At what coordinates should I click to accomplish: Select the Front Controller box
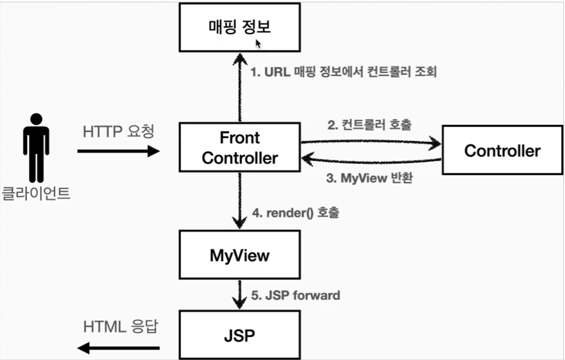[239, 148]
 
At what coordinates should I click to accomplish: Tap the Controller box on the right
[502, 151]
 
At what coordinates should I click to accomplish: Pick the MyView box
[239, 255]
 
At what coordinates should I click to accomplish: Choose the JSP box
[239, 336]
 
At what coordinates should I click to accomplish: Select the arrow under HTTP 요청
[118, 151]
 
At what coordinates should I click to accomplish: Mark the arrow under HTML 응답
[118, 347]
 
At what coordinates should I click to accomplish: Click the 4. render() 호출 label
[297, 213]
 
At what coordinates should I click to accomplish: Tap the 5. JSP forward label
[297, 295]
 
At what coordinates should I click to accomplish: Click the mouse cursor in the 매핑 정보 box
[258, 43]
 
